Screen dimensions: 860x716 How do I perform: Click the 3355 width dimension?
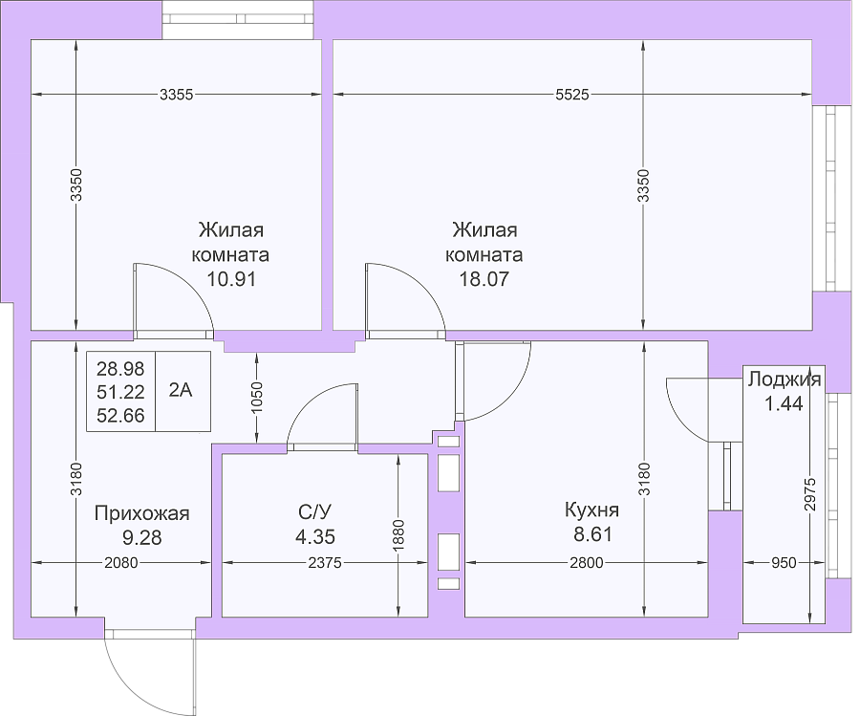coord(176,95)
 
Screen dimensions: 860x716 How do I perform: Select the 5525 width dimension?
coord(572,95)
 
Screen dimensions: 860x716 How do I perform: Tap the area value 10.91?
coord(231,279)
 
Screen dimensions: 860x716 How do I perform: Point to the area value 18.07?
coord(484,279)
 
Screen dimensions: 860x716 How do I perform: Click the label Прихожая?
coord(142,513)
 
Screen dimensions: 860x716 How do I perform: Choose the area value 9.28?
coord(142,537)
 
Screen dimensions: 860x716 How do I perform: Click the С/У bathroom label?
coord(314,511)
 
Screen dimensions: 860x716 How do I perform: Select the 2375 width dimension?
coord(325,562)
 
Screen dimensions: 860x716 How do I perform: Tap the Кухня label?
coord(591,510)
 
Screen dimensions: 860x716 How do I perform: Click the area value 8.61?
coord(592,533)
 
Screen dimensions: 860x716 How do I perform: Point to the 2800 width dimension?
coord(587,562)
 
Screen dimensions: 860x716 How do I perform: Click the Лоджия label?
coord(785,380)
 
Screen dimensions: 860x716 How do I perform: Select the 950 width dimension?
coord(784,562)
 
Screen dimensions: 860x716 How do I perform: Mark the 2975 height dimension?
coord(810,494)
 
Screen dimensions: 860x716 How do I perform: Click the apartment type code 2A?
coord(181,390)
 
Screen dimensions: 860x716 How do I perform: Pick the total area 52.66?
coord(120,415)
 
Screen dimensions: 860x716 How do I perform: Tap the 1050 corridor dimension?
coord(257,399)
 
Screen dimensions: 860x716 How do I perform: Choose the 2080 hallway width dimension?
coord(121,562)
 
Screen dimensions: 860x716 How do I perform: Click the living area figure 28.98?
coord(120,369)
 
